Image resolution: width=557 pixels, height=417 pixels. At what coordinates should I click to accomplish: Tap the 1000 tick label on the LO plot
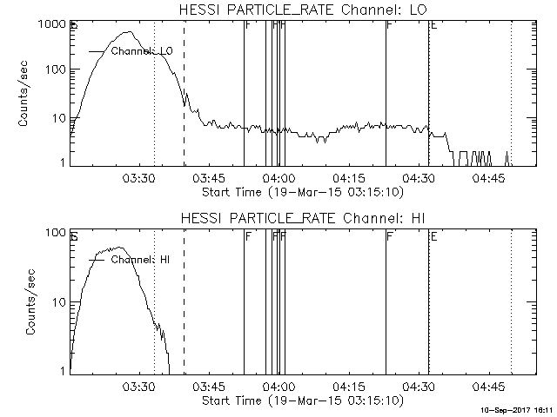[x=51, y=24]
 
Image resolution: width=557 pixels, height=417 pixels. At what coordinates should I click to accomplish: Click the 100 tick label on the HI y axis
[x=55, y=233]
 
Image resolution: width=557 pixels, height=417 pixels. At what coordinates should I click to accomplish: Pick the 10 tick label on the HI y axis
[x=58, y=301]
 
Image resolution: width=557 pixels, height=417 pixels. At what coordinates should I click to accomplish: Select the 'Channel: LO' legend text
[x=142, y=52]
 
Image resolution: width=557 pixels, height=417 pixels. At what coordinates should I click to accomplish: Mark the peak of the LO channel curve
[x=130, y=33]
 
